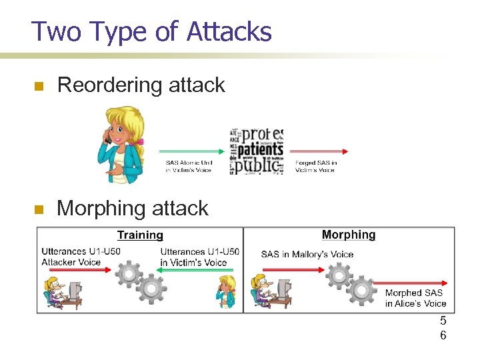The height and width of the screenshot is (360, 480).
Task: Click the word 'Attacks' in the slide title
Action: point(229,31)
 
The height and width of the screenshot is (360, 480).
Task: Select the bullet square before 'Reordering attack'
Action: point(39,86)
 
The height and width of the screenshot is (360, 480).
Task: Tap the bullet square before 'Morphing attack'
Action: point(39,209)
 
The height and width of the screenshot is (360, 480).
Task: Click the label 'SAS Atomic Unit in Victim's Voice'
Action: point(189,166)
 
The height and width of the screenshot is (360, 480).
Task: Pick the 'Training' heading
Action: point(140,235)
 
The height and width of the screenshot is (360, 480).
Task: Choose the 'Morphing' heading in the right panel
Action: point(348,235)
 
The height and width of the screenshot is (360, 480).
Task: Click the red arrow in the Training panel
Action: point(80,272)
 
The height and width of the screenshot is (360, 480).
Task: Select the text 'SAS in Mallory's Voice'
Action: point(307,254)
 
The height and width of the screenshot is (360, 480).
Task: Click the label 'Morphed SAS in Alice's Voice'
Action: point(415,298)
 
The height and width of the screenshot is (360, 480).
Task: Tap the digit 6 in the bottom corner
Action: point(443,335)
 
